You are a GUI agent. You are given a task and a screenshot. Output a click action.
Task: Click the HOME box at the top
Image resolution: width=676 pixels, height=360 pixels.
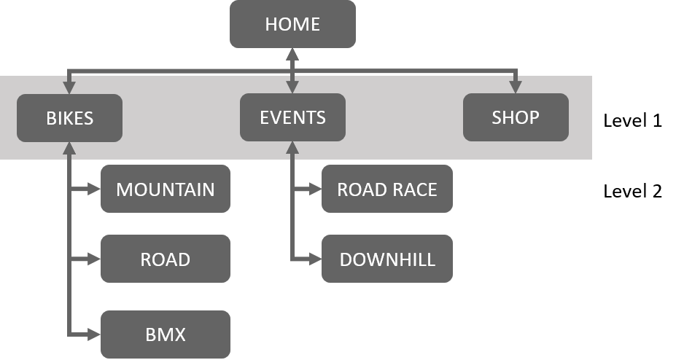(x=292, y=24)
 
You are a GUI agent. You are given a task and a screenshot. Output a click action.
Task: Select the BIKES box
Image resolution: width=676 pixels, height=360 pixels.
(x=69, y=118)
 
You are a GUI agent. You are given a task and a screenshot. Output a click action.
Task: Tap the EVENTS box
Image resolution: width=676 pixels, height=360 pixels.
(x=292, y=118)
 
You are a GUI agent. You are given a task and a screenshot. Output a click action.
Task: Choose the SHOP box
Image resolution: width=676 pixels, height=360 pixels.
(x=516, y=118)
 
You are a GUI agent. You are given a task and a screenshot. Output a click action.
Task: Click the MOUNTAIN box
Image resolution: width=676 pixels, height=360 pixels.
(x=166, y=189)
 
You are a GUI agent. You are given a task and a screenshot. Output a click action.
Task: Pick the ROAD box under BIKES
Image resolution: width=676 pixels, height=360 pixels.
(x=166, y=259)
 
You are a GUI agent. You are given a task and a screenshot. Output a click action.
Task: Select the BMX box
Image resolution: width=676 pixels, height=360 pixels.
(x=166, y=335)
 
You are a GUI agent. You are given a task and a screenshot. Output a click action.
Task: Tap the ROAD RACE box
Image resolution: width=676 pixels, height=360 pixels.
(x=386, y=189)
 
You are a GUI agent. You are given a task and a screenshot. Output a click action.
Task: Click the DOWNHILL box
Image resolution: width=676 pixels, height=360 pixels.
(x=386, y=259)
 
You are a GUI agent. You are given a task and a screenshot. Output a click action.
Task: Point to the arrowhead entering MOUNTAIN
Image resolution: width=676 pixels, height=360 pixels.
(x=95, y=189)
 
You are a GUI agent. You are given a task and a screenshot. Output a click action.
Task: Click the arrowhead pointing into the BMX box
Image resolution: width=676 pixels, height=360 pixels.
(x=95, y=335)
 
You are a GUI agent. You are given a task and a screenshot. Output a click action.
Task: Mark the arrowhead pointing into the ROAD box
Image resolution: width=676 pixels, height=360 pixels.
(x=95, y=259)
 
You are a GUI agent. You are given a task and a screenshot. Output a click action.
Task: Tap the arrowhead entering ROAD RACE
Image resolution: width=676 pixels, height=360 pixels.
(x=316, y=189)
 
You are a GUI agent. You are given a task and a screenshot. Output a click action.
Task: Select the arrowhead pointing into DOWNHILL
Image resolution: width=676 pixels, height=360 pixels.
(x=316, y=259)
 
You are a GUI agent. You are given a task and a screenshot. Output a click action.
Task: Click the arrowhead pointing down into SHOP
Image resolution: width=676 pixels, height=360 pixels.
(x=516, y=88)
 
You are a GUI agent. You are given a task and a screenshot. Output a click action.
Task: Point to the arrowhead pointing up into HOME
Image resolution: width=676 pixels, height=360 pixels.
(x=292, y=54)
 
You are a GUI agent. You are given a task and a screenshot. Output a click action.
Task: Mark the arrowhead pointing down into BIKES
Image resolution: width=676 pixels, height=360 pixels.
(x=69, y=88)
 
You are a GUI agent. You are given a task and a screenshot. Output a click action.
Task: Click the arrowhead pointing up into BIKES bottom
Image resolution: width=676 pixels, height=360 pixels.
(x=69, y=147)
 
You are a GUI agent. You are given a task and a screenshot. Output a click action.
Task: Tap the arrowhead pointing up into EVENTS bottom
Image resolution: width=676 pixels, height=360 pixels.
(x=292, y=147)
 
